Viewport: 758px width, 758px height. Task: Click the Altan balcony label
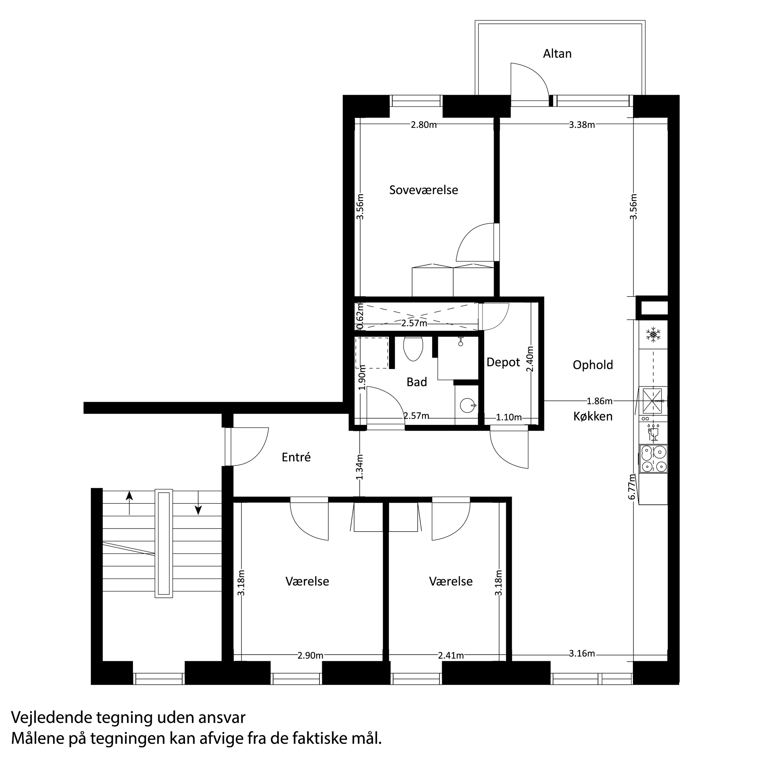point(557,54)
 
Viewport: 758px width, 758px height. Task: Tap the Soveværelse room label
point(423,190)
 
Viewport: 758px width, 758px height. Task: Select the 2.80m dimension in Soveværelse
point(423,125)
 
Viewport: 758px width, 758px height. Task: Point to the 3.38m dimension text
point(582,125)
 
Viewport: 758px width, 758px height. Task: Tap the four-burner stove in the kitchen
point(653,459)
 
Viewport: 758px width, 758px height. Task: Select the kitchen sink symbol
point(652,401)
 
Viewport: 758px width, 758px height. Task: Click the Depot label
point(503,362)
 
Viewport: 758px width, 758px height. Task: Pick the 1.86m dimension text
point(599,401)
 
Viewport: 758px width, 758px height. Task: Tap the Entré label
point(296,457)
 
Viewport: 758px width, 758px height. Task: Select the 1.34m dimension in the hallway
point(360,467)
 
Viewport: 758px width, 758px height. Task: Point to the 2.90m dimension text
point(310,656)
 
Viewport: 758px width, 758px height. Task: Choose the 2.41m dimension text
point(451,656)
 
